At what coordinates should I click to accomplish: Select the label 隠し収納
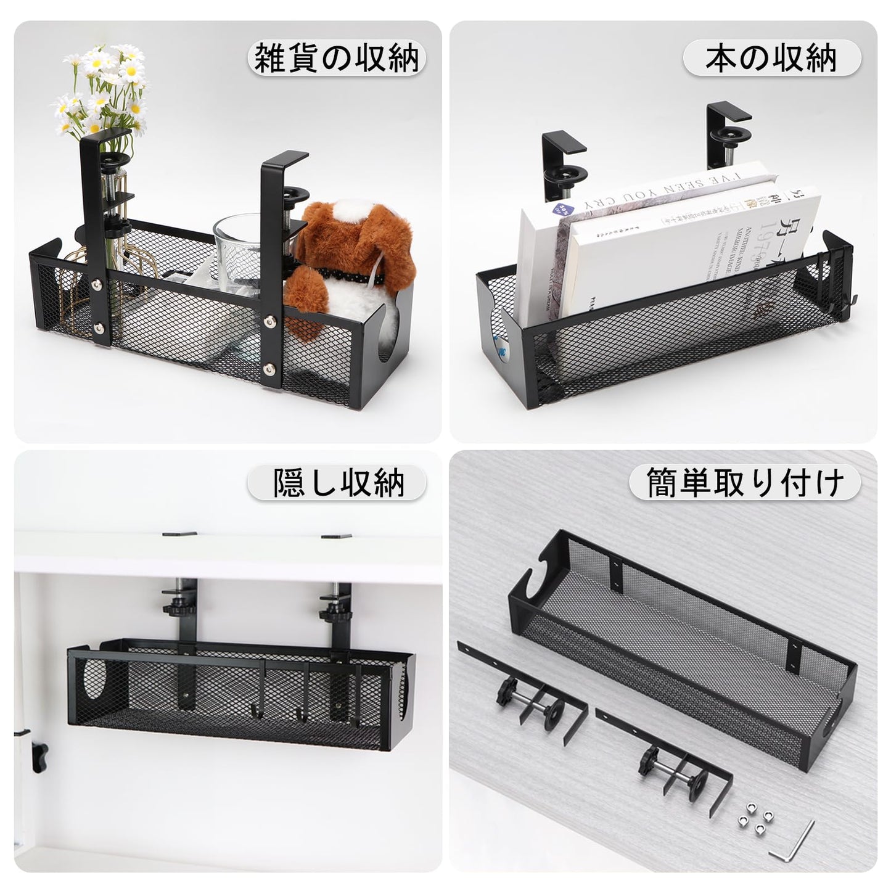pyautogui.click(x=337, y=482)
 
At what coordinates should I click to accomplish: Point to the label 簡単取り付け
pyautogui.click(x=744, y=482)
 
